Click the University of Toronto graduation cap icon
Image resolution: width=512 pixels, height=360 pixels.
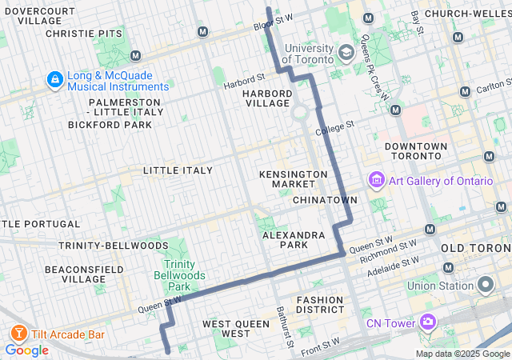[x=346, y=54]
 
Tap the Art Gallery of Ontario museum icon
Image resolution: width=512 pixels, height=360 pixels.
[x=376, y=181]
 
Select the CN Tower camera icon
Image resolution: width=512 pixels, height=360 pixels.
[x=428, y=322]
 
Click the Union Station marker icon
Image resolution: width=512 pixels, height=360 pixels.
[x=485, y=286]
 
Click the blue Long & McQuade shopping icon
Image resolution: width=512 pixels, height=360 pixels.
[x=54, y=81]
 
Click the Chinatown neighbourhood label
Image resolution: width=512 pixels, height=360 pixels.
[x=324, y=199]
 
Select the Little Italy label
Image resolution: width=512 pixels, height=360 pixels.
[x=178, y=170]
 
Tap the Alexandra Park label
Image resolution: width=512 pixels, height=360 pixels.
[x=294, y=240]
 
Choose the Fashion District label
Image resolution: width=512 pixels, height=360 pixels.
[x=319, y=306]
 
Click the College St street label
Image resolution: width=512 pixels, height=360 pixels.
[x=334, y=127]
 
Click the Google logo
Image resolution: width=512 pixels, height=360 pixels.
[x=26, y=350]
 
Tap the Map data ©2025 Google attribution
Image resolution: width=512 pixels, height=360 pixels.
[x=462, y=354]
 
